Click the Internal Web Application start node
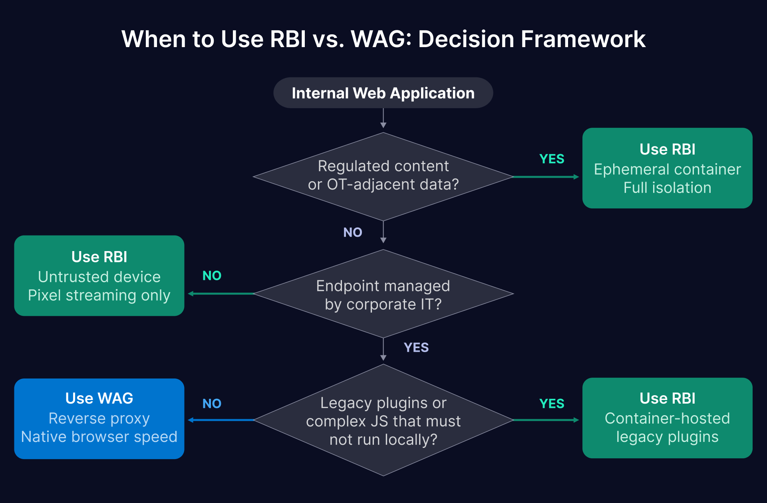click(x=383, y=93)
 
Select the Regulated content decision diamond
click(x=383, y=176)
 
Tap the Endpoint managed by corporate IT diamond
click(x=383, y=295)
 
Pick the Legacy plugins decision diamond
click(x=383, y=421)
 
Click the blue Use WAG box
click(x=99, y=418)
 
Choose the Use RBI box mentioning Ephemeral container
click(x=667, y=168)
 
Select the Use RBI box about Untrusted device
click(x=99, y=275)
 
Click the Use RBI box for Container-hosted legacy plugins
click(x=667, y=418)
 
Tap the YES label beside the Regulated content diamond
click(x=552, y=159)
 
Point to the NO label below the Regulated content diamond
click(x=352, y=232)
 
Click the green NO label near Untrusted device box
click(x=212, y=275)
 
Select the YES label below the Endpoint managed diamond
click(x=416, y=347)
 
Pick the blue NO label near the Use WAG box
click(x=212, y=404)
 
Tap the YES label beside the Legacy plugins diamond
click(x=552, y=404)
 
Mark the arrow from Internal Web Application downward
click(x=383, y=119)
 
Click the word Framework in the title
click(x=583, y=39)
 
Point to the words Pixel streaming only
click(x=99, y=295)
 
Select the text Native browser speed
click(x=99, y=437)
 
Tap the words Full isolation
click(x=667, y=188)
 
